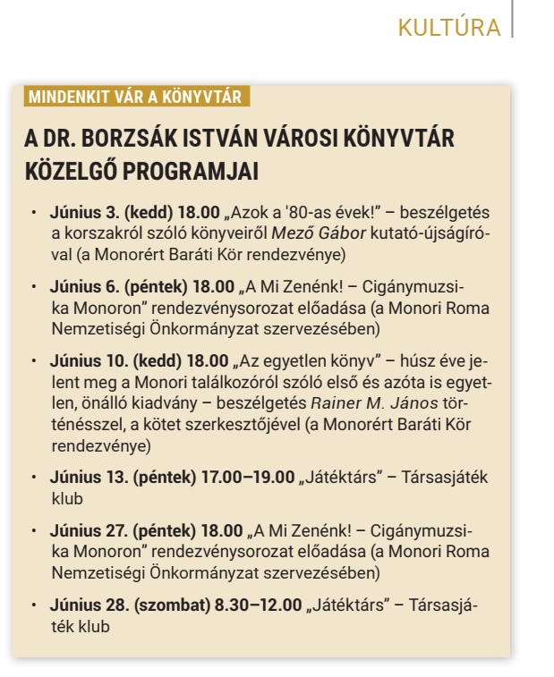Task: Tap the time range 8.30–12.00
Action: tap(258, 605)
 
